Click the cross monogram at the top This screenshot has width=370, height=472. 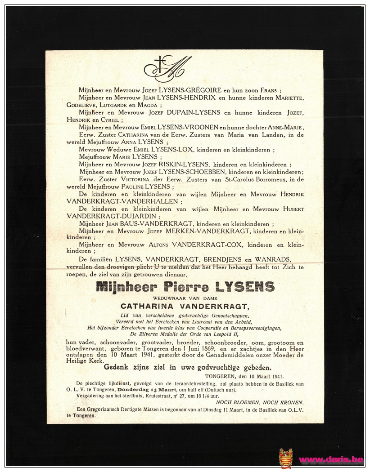[167, 69]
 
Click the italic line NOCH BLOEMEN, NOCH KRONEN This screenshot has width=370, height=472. [259, 402]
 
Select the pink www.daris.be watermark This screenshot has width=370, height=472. [330, 459]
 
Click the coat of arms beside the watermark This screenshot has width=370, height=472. [285, 458]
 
